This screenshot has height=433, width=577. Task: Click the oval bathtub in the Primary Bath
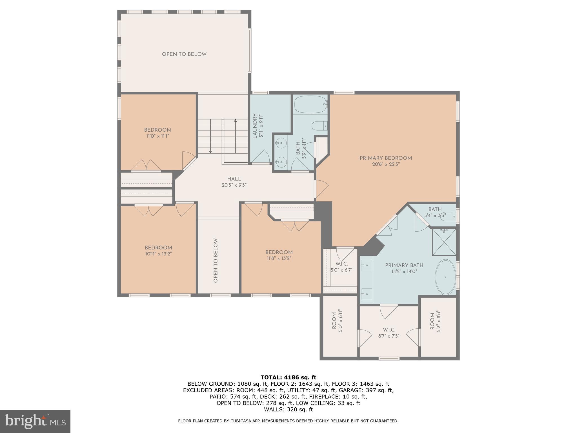(445, 277)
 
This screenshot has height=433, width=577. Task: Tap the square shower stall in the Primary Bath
(444, 242)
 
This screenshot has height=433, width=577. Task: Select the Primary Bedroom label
(386, 158)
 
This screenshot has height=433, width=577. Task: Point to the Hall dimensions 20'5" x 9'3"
(234, 185)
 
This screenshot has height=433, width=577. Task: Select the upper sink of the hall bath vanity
(281, 143)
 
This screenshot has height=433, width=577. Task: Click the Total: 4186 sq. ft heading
(288, 377)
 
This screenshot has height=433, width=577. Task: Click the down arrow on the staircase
(210, 152)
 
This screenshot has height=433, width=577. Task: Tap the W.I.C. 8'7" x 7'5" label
(389, 333)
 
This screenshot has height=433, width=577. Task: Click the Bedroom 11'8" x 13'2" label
(279, 255)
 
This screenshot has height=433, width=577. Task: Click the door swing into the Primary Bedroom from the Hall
(322, 189)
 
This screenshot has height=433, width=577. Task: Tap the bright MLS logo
(35, 421)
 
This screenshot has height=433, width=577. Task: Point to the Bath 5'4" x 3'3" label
(435, 212)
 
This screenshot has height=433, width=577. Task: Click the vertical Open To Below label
(216, 260)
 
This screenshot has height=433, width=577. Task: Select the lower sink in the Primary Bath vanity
(367, 294)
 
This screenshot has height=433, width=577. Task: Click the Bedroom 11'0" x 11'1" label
(158, 133)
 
